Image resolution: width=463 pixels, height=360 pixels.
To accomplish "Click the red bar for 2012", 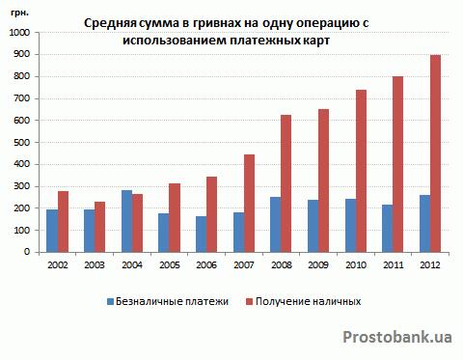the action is (435, 153).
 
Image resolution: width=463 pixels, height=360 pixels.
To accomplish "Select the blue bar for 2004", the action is (127, 221).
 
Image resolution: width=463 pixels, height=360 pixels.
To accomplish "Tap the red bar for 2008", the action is (286, 183).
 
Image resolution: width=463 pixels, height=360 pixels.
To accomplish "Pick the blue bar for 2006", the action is (202, 235).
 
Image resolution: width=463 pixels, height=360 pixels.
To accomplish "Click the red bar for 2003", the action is (100, 227).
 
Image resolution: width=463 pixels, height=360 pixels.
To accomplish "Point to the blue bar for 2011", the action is (388, 229).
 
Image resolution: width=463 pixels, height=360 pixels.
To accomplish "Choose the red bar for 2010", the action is (361, 171).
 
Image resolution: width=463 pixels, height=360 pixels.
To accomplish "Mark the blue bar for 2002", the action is (52, 231).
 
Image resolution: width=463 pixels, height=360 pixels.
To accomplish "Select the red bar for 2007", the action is (249, 204).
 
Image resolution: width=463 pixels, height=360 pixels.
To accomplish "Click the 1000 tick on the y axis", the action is (20, 33).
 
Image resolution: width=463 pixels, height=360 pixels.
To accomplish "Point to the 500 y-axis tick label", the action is (22, 142).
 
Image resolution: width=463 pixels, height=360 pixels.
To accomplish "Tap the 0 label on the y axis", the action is (27, 252).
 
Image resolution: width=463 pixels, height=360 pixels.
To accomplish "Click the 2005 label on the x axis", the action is (170, 265).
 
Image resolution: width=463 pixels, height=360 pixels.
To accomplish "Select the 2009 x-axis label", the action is (318, 265).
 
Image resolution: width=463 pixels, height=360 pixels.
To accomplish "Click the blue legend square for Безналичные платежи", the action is (111, 302).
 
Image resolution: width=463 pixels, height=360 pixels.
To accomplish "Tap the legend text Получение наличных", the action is (308, 301).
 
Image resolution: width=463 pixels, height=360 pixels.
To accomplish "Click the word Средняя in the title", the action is (111, 24).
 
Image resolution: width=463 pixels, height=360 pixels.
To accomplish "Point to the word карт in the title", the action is (316, 41).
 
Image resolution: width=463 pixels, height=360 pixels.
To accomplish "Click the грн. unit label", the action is (20, 14).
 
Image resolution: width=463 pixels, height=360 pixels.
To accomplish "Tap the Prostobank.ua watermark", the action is (397, 337).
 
